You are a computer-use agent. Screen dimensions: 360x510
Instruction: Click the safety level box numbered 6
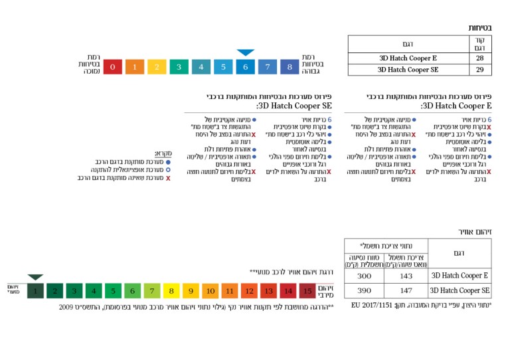pos(245,67)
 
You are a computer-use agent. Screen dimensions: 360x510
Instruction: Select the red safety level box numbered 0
pos(113,67)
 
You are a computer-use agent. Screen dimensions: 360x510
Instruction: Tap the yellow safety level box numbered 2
pos(157,67)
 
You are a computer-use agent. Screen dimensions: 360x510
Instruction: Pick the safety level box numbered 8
pos(290,67)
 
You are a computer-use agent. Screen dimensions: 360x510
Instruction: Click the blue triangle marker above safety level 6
pos(246,52)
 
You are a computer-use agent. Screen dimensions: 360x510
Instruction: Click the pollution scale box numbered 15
pos(307,290)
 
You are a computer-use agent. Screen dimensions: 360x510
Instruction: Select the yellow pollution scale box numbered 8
pos(171,290)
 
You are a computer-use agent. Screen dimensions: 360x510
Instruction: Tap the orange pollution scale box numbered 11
pos(230,290)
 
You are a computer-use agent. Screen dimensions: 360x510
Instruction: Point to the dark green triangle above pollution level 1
pos(35,277)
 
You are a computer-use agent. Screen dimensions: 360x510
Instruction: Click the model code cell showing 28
pos(480,58)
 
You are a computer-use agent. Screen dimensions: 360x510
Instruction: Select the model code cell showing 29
pos(480,69)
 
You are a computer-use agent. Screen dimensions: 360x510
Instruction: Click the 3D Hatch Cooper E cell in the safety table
pos(408,58)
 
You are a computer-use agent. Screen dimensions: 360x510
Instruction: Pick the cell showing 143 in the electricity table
pos(406,276)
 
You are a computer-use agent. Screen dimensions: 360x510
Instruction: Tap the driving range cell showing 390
pos(365,291)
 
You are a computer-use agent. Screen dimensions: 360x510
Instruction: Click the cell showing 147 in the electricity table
pos(406,291)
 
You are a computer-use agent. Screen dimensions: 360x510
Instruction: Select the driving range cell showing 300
pos(365,276)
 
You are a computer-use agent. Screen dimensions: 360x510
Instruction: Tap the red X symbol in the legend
pos(168,178)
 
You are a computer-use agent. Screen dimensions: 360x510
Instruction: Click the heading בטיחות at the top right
pos(480,29)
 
